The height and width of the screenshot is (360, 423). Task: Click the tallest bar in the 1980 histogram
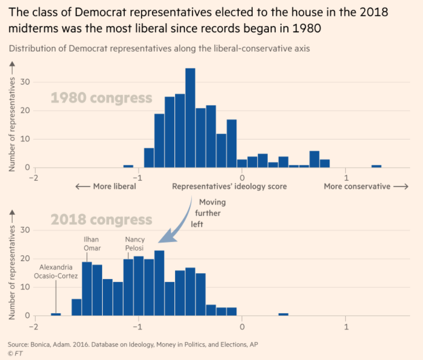190,118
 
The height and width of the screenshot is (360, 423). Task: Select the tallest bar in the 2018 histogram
159,283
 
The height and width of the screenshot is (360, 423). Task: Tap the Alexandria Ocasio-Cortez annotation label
56,272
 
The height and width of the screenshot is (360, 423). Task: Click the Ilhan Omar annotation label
92,244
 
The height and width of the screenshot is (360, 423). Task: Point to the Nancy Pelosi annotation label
135,244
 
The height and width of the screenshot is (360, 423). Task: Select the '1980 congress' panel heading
101,98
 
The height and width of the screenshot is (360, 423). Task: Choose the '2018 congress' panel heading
101,220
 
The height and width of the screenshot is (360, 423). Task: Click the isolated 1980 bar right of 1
376,166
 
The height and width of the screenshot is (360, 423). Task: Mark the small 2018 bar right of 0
284,315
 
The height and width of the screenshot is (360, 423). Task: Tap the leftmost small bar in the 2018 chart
56,315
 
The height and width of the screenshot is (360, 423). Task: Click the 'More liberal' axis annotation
106,186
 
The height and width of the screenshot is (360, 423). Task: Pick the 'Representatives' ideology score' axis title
229,186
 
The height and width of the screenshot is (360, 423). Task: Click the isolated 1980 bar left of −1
128,166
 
